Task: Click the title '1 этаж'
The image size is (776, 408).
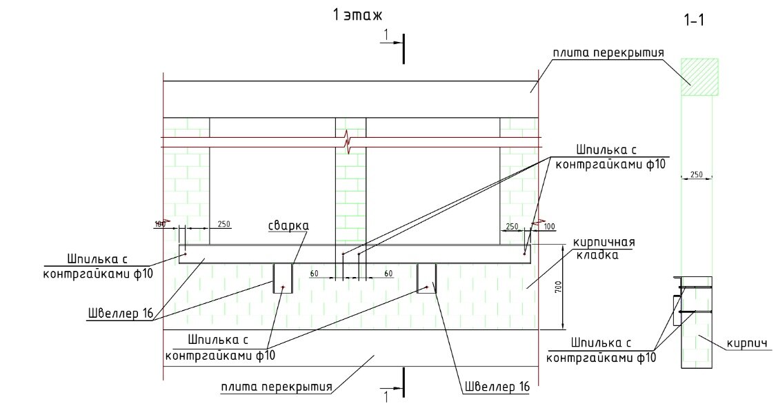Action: click(357, 15)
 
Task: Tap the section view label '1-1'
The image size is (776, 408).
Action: click(693, 21)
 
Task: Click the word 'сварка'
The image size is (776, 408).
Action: click(289, 225)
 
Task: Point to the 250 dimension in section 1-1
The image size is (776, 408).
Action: click(696, 174)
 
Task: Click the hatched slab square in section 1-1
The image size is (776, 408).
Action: click(699, 76)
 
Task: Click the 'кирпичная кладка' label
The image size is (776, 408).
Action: click(599, 248)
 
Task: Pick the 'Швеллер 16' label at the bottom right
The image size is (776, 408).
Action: click(497, 387)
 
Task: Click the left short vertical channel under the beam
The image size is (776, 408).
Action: click(283, 278)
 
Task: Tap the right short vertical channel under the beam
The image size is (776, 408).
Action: click(427, 278)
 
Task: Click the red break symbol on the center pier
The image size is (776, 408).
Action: click(350, 143)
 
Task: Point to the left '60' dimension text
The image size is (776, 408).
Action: click(314, 274)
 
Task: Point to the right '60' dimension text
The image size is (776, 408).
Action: click(388, 274)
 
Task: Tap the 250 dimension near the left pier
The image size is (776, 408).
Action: click(223, 224)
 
